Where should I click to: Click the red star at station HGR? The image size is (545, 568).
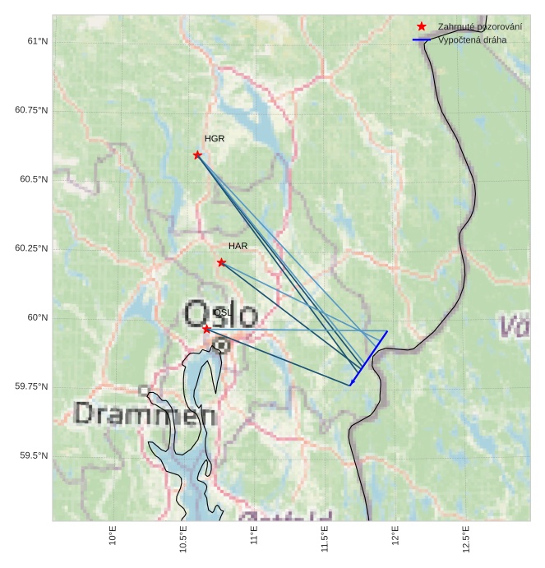click(x=197, y=155)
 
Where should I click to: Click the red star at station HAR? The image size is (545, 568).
click(x=221, y=262)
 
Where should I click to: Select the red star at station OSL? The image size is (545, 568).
click(x=206, y=329)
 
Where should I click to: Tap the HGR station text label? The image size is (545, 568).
click(x=215, y=139)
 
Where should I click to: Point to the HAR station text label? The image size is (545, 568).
click(x=238, y=246)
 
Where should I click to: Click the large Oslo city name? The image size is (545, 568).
click(x=220, y=315)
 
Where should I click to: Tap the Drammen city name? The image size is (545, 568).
click(x=145, y=414)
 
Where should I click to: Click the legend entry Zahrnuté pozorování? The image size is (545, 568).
click(x=479, y=27)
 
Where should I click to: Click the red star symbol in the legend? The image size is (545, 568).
click(x=422, y=26)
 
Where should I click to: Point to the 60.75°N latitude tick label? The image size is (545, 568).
click(x=30, y=110)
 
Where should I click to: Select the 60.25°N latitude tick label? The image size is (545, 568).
click(x=30, y=248)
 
